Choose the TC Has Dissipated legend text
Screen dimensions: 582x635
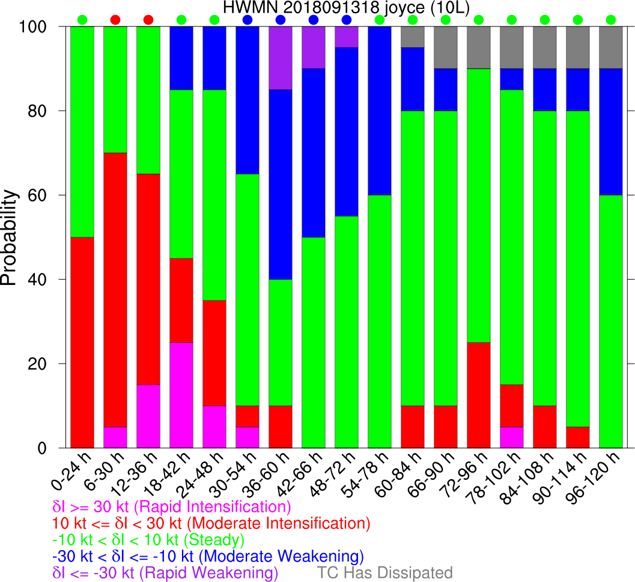[384, 572]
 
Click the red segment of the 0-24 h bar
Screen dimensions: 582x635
[82, 343]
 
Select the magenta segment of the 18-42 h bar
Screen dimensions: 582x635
[181, 395]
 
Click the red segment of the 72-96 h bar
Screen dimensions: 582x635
[479, 395]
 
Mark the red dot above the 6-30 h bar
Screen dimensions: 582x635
[115, 20]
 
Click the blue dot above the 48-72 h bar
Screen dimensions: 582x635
[347, 20]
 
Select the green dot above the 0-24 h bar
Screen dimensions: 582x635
[82, 20]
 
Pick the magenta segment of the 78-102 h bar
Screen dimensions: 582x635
[512, 437]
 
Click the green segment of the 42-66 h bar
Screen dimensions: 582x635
[314, 343]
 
